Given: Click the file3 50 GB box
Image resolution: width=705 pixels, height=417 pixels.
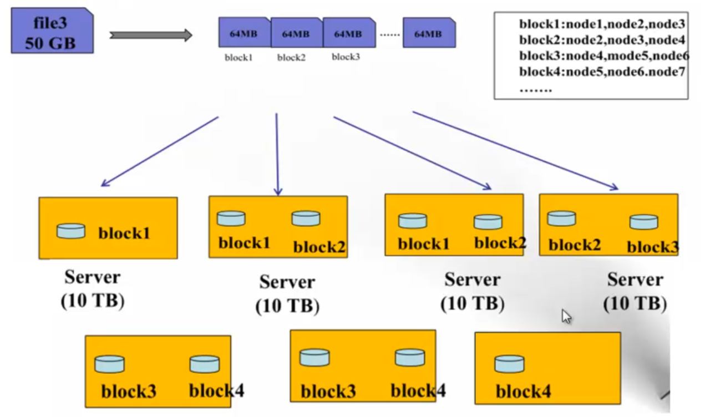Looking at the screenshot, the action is click(x=52, y=30).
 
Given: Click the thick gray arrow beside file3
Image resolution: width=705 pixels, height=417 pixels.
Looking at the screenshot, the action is click(x=151, y=35).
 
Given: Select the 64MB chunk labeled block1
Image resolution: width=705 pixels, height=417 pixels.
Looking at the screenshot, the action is click(x=245, y=32).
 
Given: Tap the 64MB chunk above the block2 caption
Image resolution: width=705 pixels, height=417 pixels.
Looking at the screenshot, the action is click(x=297, y=33).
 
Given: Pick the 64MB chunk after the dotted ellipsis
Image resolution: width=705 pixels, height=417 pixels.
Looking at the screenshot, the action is click(x=429, y=33).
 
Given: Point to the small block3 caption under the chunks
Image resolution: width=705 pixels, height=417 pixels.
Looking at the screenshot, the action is click(x=346, y=57).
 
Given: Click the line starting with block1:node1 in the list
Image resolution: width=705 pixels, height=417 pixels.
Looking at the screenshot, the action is click(x=602, y=24).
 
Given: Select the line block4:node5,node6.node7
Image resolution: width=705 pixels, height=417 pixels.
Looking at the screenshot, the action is click(x=602, y=72).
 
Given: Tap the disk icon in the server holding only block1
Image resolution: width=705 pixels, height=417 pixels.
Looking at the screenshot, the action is click(x=71, y=231).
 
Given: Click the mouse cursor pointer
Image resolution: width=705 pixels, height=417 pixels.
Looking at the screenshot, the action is click(x=566, y=317).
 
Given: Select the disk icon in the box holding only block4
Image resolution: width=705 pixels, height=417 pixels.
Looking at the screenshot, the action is click(x=510, y=364).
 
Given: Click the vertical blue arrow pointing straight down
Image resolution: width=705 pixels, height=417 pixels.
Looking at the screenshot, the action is click(x=277, y=154).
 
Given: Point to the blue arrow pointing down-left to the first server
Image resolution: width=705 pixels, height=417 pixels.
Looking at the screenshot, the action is click(x=160, y=152).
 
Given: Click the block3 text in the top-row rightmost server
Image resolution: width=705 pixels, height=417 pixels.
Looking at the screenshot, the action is click(x=653, y=247).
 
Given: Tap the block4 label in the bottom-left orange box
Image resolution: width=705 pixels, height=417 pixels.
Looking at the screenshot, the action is click(x=216, y=391).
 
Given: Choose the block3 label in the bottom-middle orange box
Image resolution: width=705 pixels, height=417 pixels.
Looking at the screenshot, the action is click(x=328, y=391).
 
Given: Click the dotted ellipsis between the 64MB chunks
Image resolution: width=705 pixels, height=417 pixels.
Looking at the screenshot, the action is click(x=389, y=34).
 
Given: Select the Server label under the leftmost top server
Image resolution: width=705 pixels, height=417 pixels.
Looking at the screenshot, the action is click(x=93, y=277).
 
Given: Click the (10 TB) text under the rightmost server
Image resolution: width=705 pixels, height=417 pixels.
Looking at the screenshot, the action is click(x=635, y=303).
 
